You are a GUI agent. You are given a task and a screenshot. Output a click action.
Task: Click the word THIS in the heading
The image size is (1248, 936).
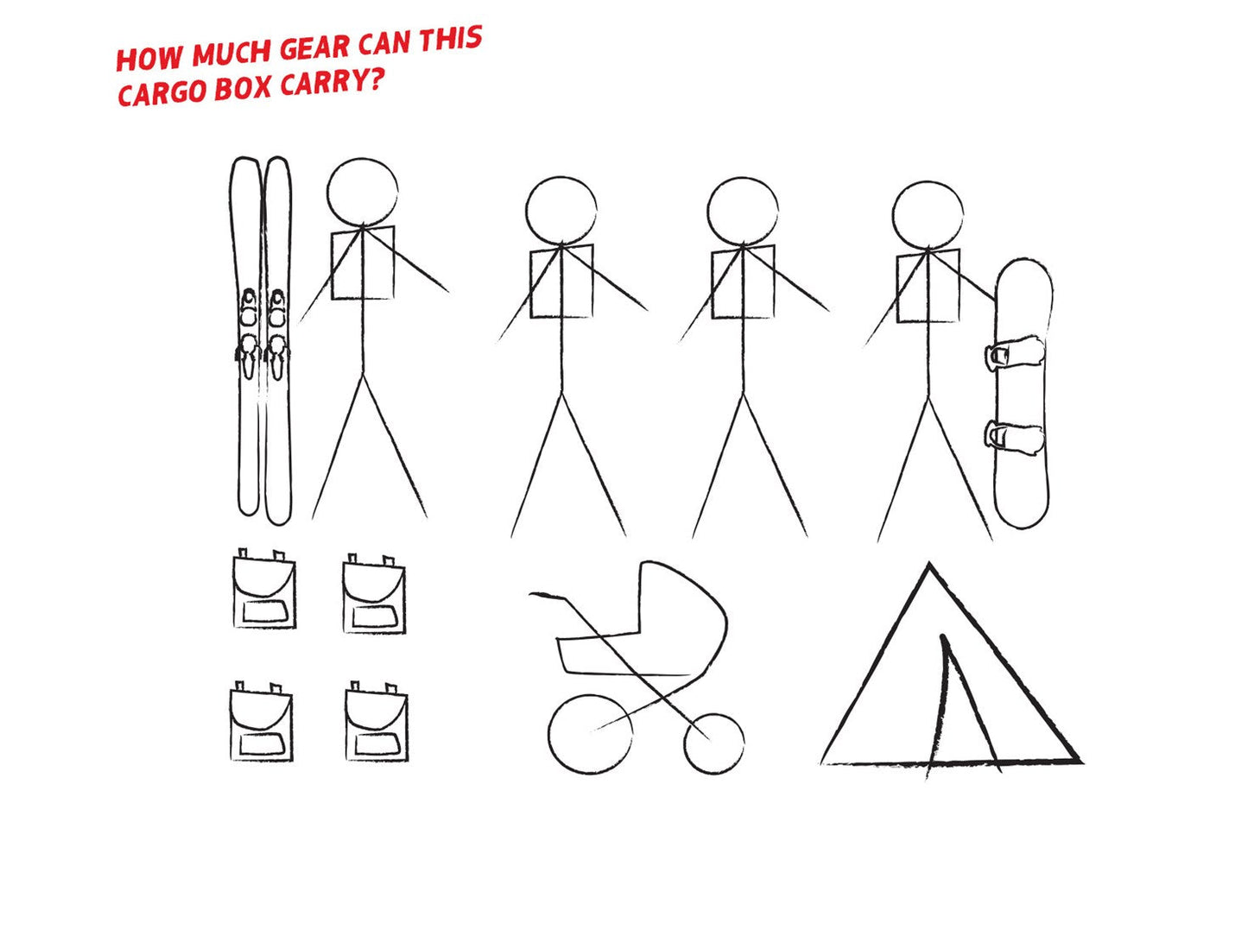pyautogui.click(x=451, y=39)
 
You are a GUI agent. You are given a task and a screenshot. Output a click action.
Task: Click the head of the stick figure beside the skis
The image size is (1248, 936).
pyautogui.click(x=362, y=193)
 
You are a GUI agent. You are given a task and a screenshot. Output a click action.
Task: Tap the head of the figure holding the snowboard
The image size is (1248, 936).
pyautogui.click(x=928, y=215)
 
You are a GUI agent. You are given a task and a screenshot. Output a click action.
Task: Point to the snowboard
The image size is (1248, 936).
pyautogui.click(x=1022, y=394)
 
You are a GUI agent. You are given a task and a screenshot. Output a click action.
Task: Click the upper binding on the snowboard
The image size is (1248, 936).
pyautogui.click(x=1015, y=355)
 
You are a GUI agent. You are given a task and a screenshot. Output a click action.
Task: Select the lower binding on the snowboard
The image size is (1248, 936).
pyautogui.click(x=1015, y=438)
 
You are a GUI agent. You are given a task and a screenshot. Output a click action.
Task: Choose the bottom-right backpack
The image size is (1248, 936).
pyautogui.click(x=377, y=721)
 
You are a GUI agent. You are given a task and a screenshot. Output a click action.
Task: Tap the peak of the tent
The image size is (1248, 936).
pyautogui.click(x=929, y=565)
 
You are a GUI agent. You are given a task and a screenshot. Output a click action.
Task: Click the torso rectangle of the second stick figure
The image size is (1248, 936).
pyautogui.click(x=561, y=281)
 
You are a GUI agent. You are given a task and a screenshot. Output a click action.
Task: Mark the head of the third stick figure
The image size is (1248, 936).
pyautogui.click(x=743, y=212)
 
